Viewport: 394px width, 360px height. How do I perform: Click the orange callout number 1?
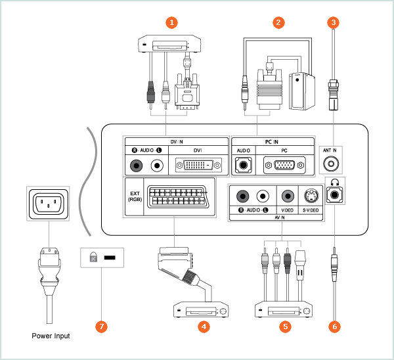[173, 22]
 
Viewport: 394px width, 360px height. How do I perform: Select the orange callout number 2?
[279, 22]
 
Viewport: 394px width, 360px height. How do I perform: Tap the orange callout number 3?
[334, 22]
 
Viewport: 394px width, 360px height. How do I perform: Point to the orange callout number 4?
[204, 325]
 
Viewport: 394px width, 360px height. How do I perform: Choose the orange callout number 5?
[284, 325]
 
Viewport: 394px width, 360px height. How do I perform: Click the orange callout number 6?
[334, 325]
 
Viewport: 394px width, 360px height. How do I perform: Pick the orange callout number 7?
[100, 325]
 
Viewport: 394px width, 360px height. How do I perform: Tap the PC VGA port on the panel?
[284, 164]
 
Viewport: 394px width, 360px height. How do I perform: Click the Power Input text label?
[51, 336]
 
